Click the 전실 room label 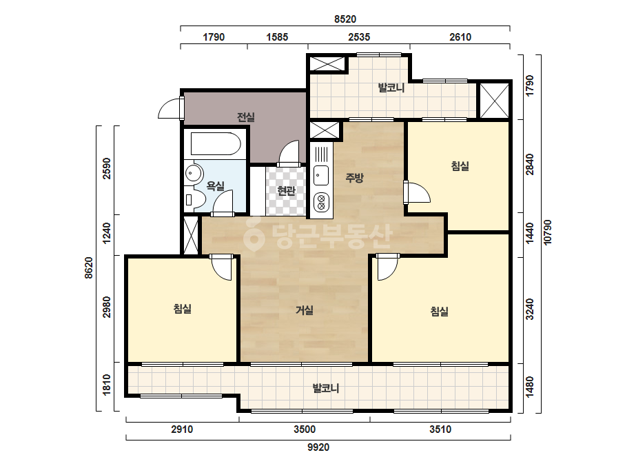246,117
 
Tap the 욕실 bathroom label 216,186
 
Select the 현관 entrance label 287,190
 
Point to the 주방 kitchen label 354,177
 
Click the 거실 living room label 304,310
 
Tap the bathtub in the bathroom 215,143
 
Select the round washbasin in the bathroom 194,174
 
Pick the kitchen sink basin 321,175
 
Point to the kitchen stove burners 321,202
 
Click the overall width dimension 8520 345,19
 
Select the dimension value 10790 548,232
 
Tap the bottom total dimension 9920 318,447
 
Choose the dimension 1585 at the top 277,37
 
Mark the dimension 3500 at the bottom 305,429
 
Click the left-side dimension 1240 106,234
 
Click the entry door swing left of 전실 170,108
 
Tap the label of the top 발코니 391,88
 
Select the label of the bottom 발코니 326,389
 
